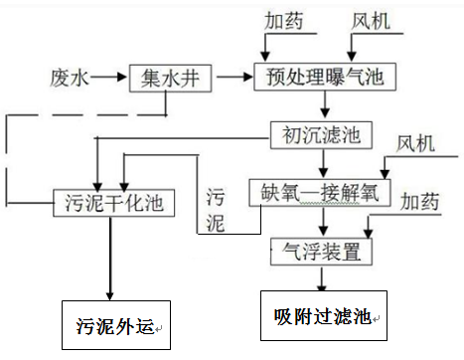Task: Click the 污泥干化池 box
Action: coord(114,204)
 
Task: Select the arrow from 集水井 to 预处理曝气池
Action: coord(234,76)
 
